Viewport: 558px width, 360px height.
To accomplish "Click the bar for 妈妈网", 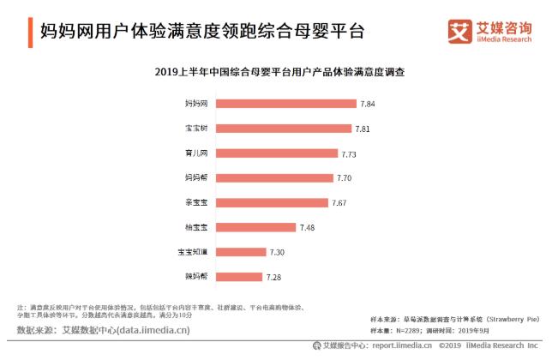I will [x=285, y=104].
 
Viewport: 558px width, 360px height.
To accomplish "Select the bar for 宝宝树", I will [x=283, y=129].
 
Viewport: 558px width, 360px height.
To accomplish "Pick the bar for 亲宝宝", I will [x=272, y=203].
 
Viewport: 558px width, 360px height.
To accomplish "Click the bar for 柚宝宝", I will [x=255, y=227].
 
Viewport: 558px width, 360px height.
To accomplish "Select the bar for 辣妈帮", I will [x=238, y=277].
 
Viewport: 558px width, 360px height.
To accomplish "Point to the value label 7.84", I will [x=368, y=104].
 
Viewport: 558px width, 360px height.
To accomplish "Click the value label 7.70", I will [x=345, y=178].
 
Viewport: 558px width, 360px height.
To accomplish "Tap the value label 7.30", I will [x=277, y=252].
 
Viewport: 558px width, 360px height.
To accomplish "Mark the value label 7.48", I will [x=308, y=227].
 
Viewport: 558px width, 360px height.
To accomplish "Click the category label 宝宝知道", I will [x=192, y=252].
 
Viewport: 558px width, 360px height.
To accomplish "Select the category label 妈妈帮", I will [x=196, y=178].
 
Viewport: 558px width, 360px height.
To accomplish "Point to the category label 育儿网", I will [x=196, y=153].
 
